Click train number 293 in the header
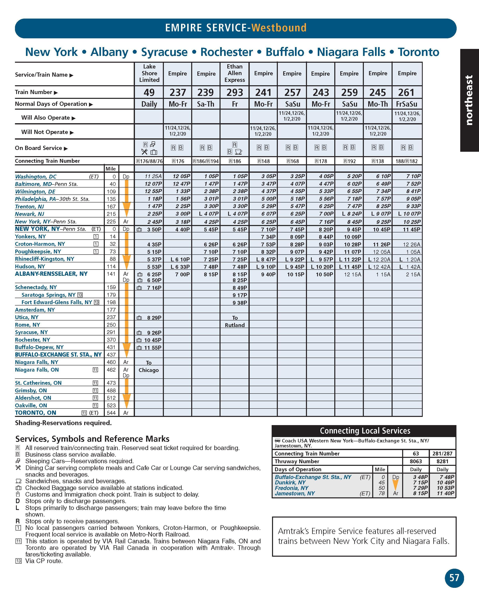pos(235,92)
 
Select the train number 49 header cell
pos(149,92)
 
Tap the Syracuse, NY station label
pos(31,332)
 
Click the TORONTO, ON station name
pos(36,413)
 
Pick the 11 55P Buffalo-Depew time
pos(153,348)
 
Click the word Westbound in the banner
pos(279,28)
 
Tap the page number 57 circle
pos(454,578)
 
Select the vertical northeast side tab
pos(469,100)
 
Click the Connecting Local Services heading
pos(365,431)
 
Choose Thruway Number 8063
pos(416,461)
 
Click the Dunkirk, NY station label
pos(290,483)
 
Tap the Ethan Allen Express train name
pos(235,73)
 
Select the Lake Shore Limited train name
pos(149,73)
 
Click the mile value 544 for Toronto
pos(111,413)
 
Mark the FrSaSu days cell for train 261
pos(407,104)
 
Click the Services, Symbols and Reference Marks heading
pos(92,439)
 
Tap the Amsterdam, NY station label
pos(35,310)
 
